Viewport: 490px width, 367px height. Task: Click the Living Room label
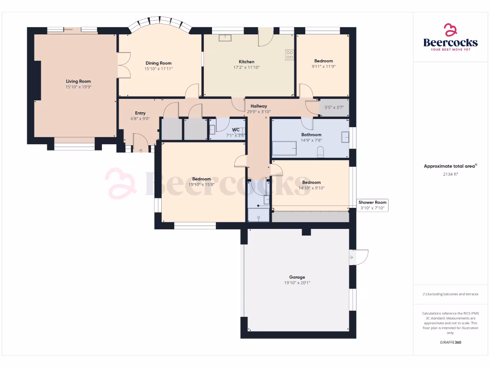click(x=78, y=81)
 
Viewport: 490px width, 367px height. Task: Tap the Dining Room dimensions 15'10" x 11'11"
click(x=158, y=69)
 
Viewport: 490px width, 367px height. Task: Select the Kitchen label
click(x=246, y=62)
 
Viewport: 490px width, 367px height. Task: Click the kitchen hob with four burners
click(x=290, y=55)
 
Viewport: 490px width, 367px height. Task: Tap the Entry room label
click(x=140, y=113)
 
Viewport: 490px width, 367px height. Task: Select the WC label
click(x=235, y=130)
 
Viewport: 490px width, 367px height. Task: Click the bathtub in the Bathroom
click(x=284, y=148)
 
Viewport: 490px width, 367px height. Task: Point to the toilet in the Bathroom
click(x=321, y=152)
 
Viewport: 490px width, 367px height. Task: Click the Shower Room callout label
click(x=373, y=203)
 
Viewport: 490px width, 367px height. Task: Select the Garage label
click(x=297, y=277)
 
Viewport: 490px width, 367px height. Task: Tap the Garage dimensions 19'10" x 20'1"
click(x=297, y=283)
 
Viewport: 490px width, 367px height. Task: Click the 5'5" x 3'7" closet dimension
click(x=334, y=108)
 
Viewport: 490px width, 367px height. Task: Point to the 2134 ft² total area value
click(x=450, y=174)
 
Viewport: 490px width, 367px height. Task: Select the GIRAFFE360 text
click(x=450, y=342)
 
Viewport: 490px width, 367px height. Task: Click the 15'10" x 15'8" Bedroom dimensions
click(x=201, y=185)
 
